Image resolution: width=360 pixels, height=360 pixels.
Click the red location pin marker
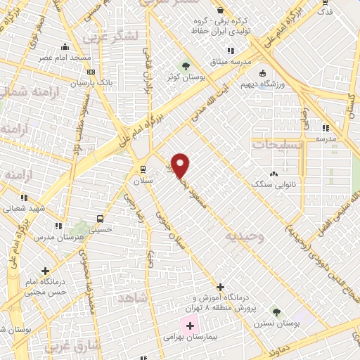click(x=181, y=165)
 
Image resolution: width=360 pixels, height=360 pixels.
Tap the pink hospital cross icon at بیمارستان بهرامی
click(x=190, y=326)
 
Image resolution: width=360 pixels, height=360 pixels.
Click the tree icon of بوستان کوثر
click(x=186, y=66)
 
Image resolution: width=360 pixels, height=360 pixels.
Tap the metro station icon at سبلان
click(x=143, y=169)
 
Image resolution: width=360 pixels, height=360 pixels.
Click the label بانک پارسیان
click(x=91, y=82)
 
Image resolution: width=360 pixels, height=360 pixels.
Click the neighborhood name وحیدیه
click(x=244, y=237)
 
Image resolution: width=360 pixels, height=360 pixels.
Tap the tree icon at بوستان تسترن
click(x=276, y=311)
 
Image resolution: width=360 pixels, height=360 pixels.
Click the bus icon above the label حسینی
click(x=101, y=219)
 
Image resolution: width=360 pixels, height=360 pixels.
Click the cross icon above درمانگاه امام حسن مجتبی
click(x=46, y=271)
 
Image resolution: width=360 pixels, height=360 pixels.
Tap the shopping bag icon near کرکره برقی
click(x=221, y=11)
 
